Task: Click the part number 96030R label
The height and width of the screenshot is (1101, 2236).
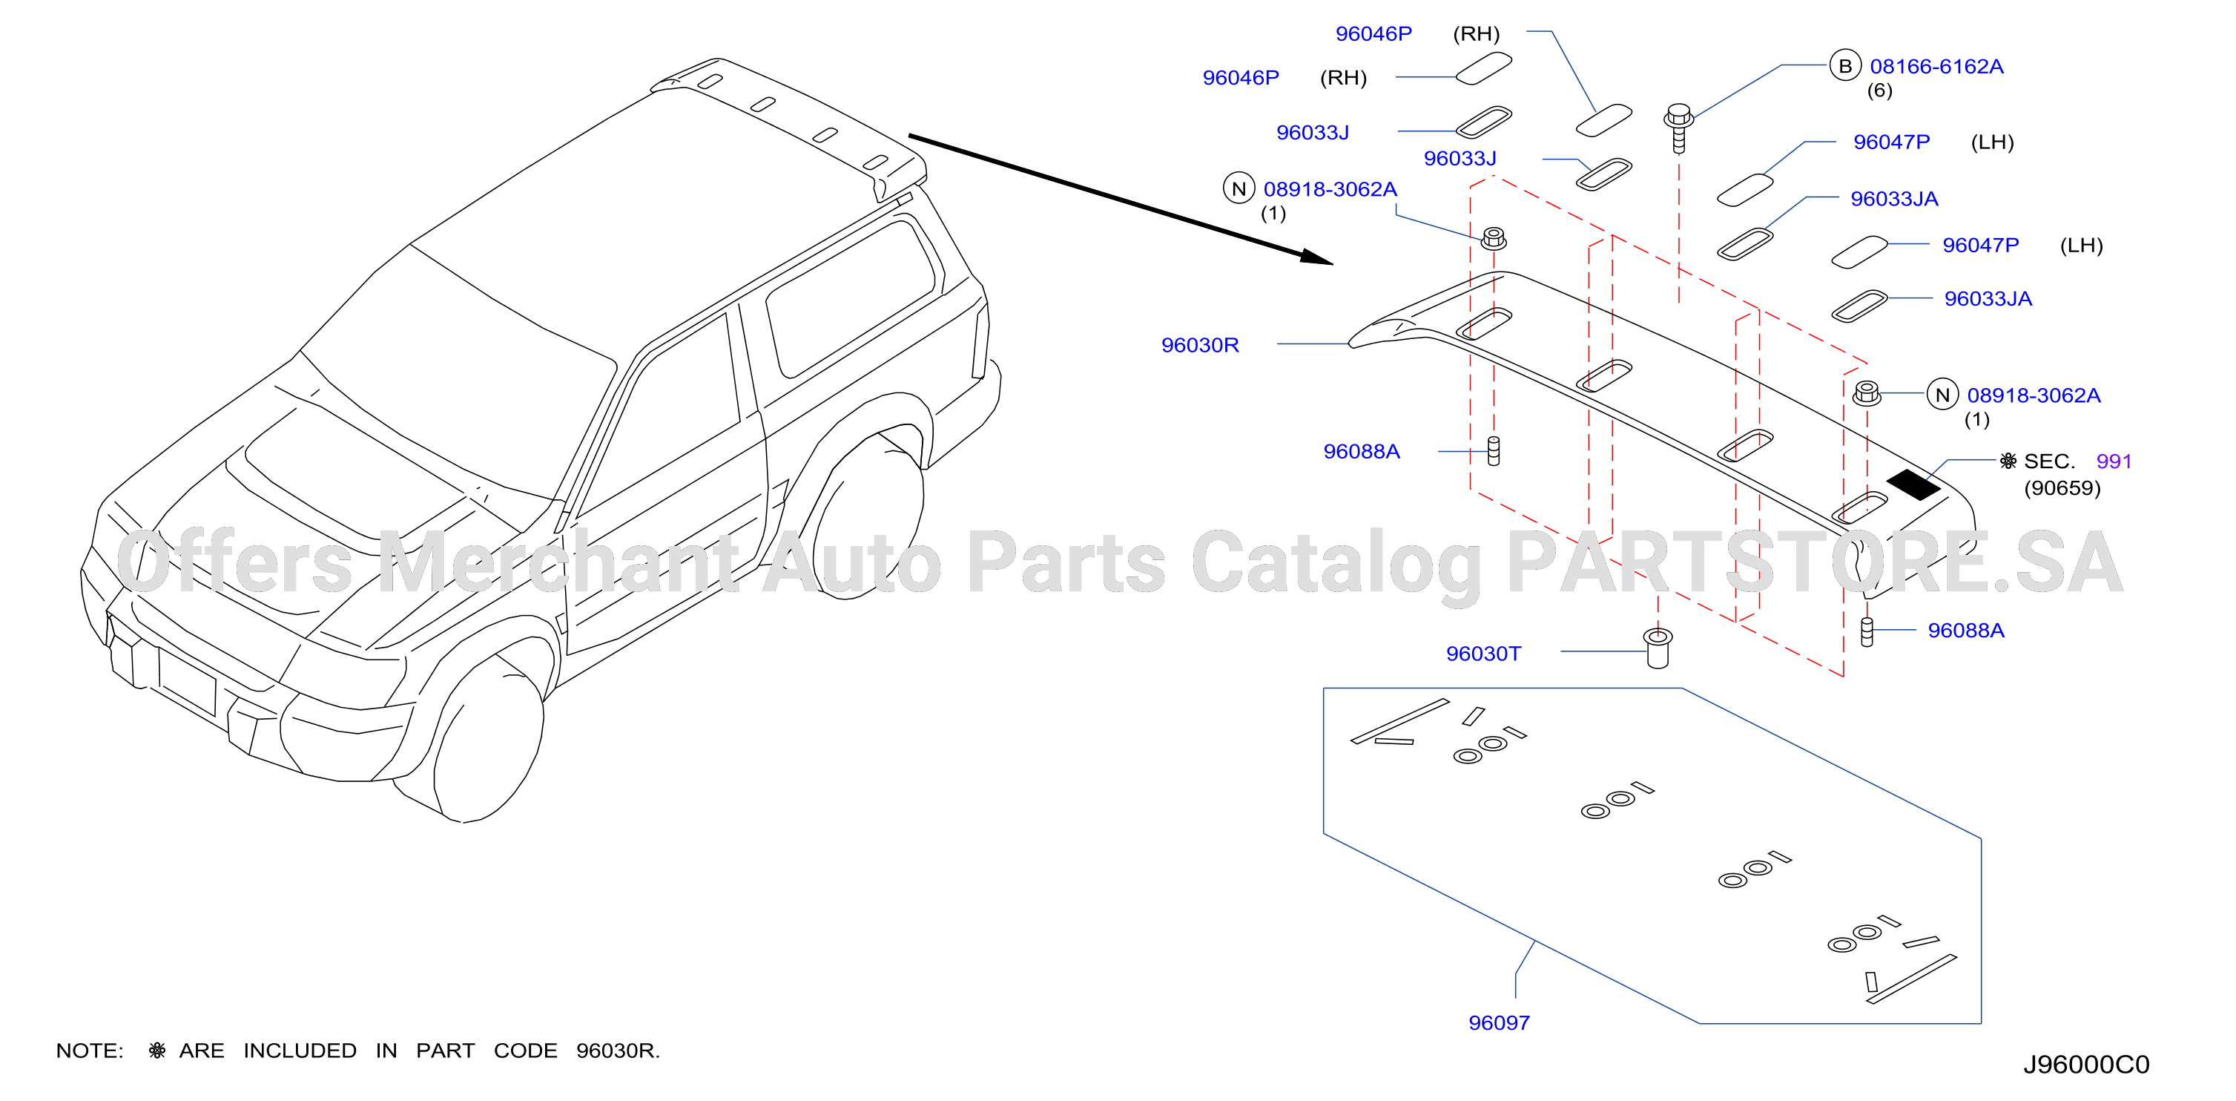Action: coord(1200,345)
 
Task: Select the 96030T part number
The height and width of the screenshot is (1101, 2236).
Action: coord(1483,653)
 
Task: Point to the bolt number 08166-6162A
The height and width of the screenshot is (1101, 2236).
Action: coord(1936,66)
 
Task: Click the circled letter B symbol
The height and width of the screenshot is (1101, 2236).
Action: coord(1845,66)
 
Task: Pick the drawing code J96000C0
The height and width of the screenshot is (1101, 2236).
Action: coord(2086,1064)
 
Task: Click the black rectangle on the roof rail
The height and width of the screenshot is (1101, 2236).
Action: coord(1913,484)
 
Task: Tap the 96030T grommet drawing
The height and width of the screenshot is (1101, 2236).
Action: coord(1658,648)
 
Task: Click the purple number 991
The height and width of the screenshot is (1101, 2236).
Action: coord(2114,461)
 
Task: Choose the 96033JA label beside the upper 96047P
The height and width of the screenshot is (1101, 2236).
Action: coord(1894,199)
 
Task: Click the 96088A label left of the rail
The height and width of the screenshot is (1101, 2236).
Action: coord(1361,452)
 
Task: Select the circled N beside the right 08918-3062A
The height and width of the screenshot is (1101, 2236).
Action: coord(1942,395)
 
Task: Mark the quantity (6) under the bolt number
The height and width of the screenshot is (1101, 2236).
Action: coord(1880,91)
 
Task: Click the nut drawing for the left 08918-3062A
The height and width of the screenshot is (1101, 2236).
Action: coord(1493,238)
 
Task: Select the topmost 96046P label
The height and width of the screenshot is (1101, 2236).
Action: coord(1373,34)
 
